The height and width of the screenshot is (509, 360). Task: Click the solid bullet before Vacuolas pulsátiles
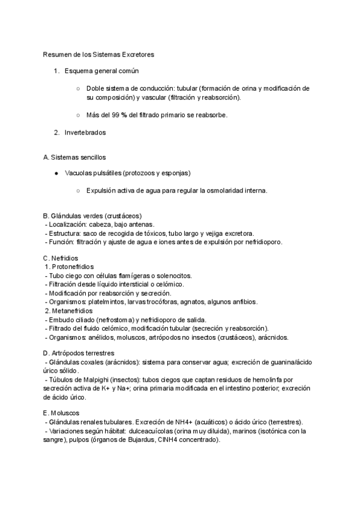point(56,173)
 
